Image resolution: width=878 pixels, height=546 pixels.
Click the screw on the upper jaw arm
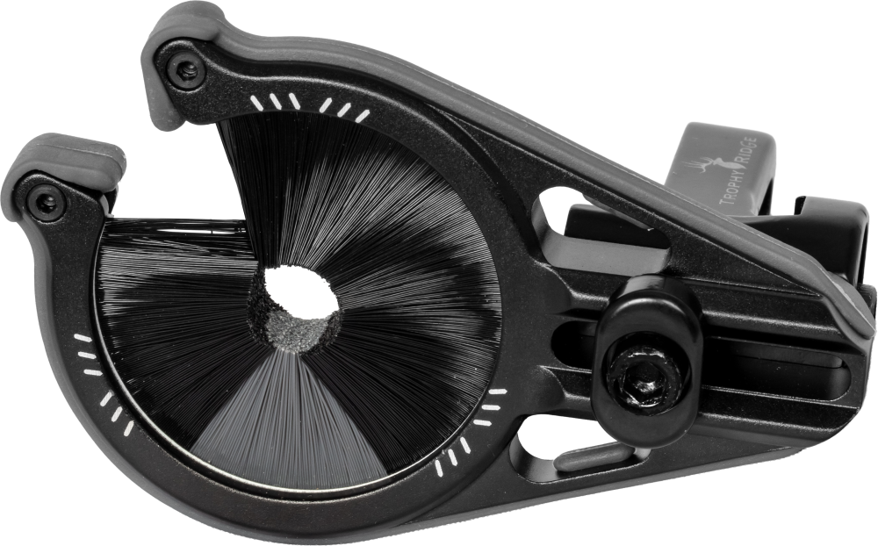point(184,69)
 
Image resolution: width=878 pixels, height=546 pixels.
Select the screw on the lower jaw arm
point(45,203)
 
